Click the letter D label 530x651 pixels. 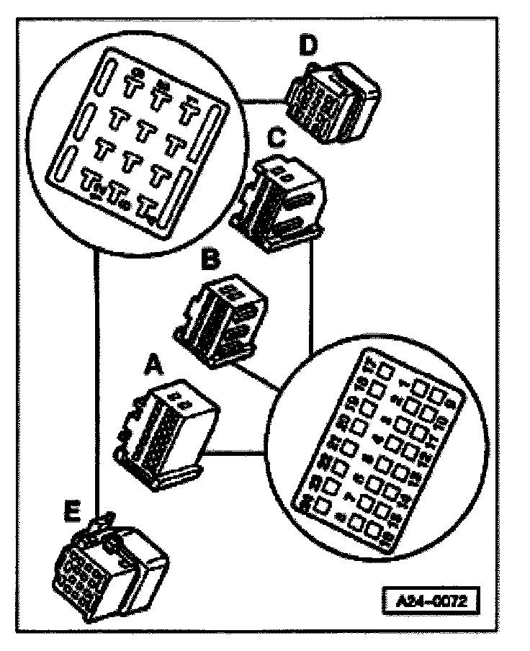pos(309,45)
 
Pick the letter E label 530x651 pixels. pos(71,513)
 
